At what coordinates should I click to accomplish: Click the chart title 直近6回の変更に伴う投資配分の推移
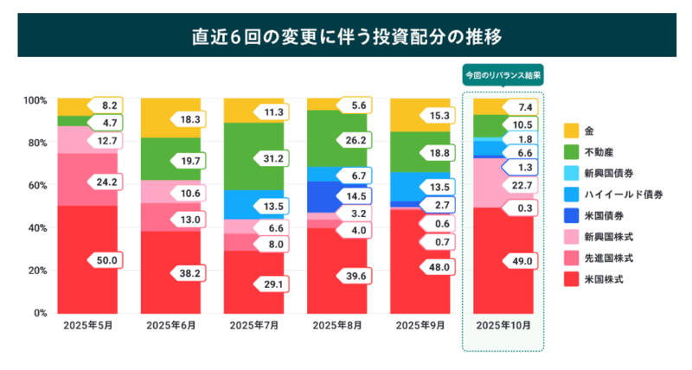point(345,37)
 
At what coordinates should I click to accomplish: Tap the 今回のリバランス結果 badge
point(503,75)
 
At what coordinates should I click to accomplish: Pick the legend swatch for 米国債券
point(571,215)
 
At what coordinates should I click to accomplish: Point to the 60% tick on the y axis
point(35,185)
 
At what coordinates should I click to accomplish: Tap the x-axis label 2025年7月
point(254,326)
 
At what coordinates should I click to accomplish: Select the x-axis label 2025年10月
point(503,326)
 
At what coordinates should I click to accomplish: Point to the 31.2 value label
point(272,158)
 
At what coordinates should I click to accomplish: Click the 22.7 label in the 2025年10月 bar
point(522,186)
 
